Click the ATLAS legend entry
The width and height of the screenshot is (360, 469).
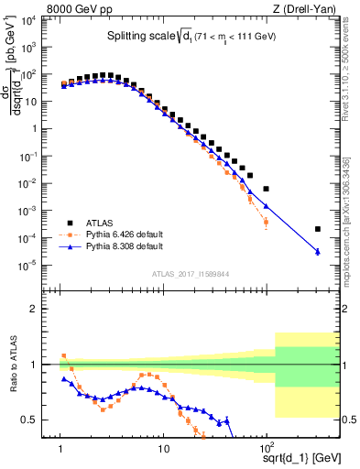[100, 222]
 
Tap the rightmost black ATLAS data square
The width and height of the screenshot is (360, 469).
[317, 229]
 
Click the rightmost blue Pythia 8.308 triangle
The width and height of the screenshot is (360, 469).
[317, 252]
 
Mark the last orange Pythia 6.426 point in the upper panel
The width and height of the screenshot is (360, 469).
[266, 222]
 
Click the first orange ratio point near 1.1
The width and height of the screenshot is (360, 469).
[63, 355]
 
